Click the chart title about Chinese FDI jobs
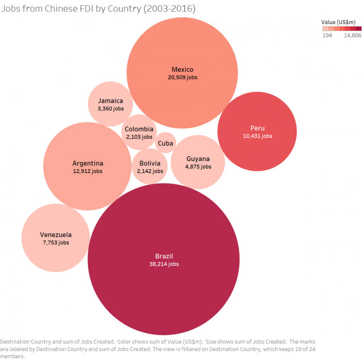[x=98, y=9]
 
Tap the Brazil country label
[x=164, y=256]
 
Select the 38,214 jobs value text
[x=164, y=264]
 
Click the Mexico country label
[x=182, y=69]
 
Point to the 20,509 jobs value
[x=182, y=77]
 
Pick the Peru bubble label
[x=257, y=128]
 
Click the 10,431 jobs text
[x=257, y=136]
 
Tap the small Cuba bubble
[x=165, y=143]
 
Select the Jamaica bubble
[x=111, y=104]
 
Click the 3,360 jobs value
[x=111, y=109]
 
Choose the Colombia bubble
[x=139, y=132]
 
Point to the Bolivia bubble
[x=150, y=167]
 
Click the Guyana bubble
[x=198, y=162]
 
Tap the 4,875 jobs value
[x=198, y=166]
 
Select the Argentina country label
[x=87, y=163]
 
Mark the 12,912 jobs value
[x=87, y=171]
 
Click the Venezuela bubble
[x=56, y=238]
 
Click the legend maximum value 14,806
[x=353, y=35]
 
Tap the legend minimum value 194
[x=327, y=35]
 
